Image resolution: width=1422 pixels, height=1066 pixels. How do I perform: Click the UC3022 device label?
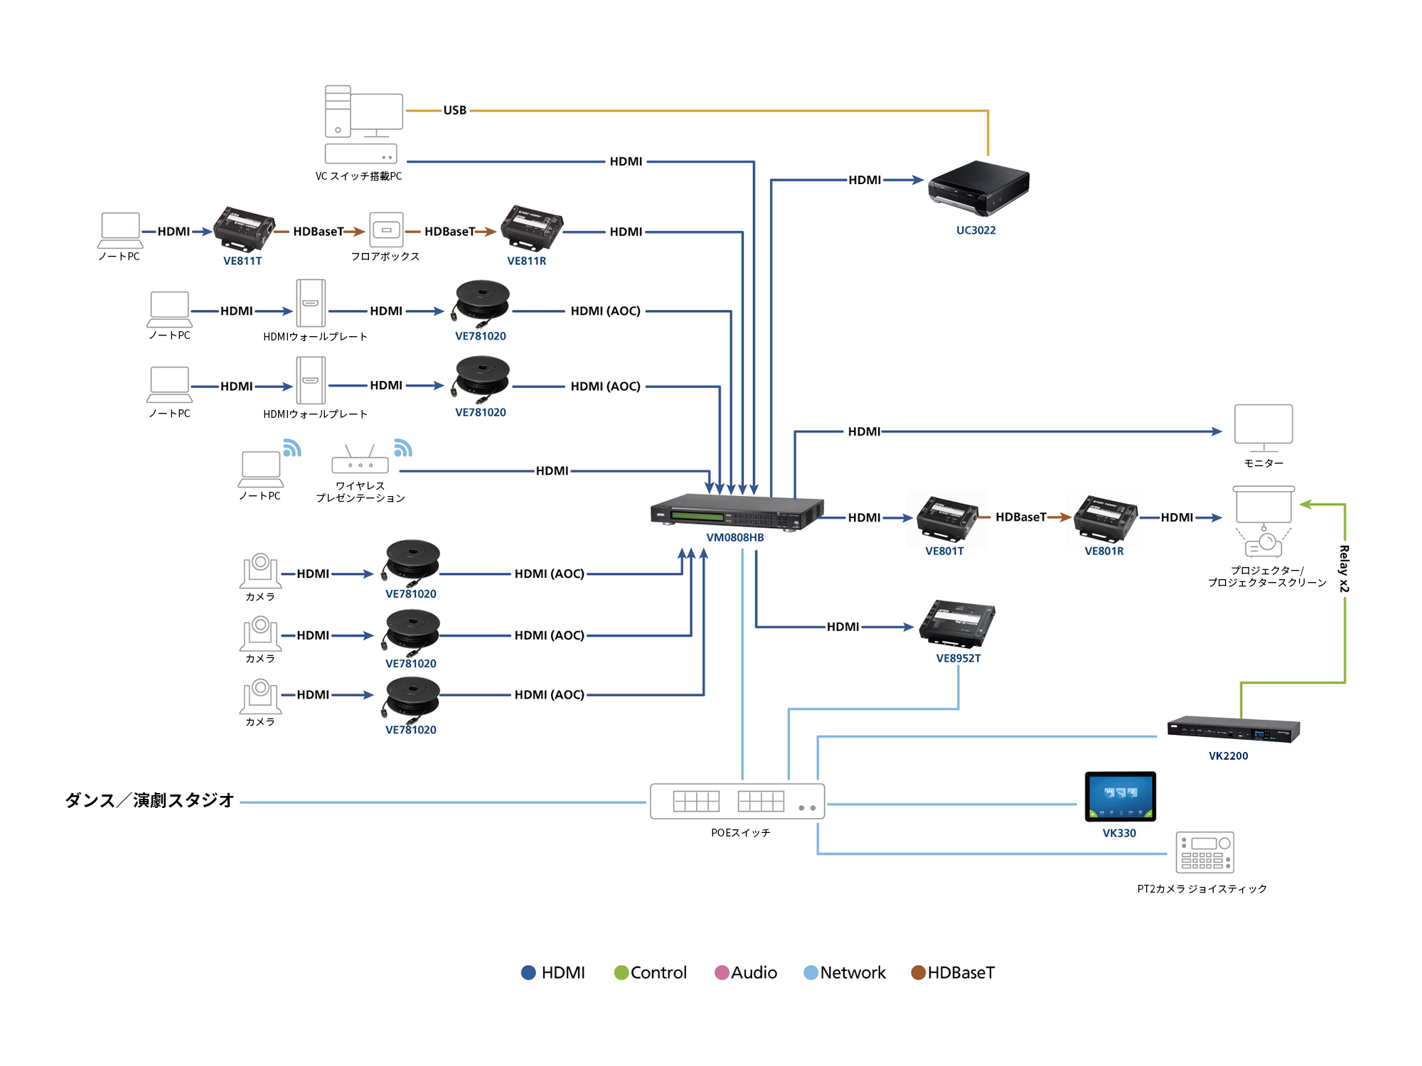coord(975,230)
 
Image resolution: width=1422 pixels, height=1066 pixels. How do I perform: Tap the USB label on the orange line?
coord(455,110)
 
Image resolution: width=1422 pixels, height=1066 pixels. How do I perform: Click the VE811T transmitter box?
coord(244,229)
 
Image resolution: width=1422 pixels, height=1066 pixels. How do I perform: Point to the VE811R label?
coord(526,261)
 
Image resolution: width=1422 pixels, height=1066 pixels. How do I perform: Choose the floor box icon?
coord(386,230)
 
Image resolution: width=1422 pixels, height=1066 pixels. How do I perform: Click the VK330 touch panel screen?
coord(1120,795)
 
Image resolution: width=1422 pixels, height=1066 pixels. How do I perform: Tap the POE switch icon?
coord(737,802)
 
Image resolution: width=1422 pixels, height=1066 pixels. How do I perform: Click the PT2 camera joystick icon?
coord(1204,852)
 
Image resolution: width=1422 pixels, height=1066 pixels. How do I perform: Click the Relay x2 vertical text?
coord(1344,569)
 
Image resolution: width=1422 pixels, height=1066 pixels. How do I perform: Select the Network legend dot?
coord(811,972)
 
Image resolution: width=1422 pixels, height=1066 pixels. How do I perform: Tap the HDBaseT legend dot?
coord(918,972)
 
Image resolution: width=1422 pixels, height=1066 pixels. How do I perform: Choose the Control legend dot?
coord(621,972)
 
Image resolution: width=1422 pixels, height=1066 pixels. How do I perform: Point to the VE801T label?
coord(944,551)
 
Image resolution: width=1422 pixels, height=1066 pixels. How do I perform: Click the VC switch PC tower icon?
coord(338,112)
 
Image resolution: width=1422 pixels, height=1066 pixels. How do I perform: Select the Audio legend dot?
coord(722,972)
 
